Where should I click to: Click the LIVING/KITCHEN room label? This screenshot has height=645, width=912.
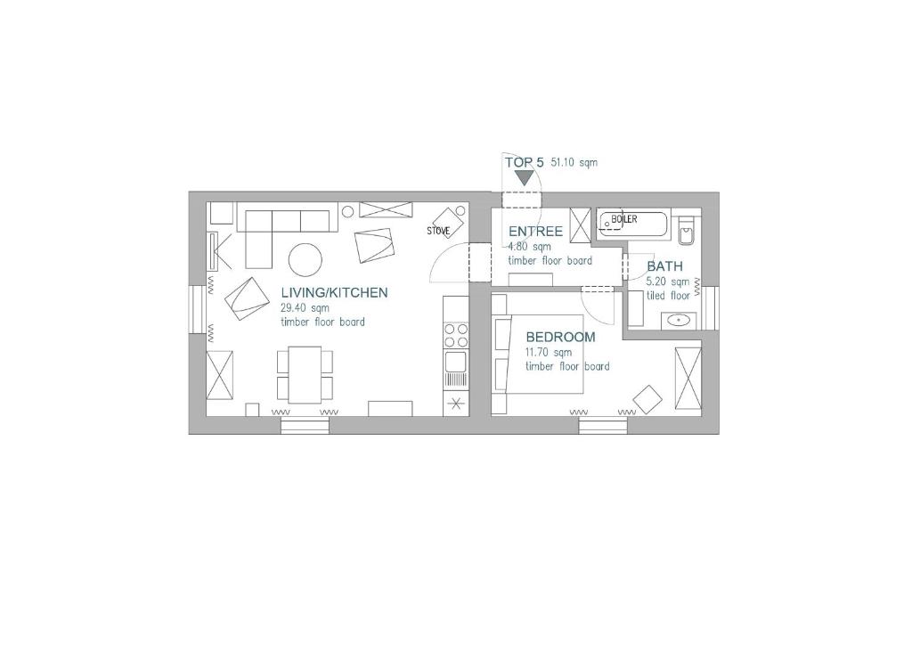pos(334,292)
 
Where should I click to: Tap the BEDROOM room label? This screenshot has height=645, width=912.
pos(561,337)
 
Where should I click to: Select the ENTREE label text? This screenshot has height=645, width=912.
pos(535,232)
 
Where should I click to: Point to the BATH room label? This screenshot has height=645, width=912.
pos(664,266)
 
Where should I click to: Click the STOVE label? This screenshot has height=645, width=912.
pos(438,231)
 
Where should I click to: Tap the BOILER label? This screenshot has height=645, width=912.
pos(624,219)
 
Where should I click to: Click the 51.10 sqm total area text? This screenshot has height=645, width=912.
pos(574,162)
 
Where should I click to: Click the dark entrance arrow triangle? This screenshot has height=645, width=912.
pos(525,176)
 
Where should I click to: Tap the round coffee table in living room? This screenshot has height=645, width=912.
pos(305,259)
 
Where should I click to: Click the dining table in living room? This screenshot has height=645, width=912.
pos(305,374)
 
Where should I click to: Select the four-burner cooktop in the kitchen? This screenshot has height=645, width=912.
pos(456,336)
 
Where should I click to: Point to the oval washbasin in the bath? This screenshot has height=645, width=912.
pos(678,320)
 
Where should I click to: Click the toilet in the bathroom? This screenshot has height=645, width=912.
pos(687,231)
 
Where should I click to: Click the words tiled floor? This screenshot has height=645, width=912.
pos(668,296)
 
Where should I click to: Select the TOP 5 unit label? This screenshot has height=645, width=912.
pos(524,162)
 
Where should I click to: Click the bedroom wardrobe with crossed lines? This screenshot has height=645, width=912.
pos(688,378)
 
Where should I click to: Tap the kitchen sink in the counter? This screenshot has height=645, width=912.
pos(456,362)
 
